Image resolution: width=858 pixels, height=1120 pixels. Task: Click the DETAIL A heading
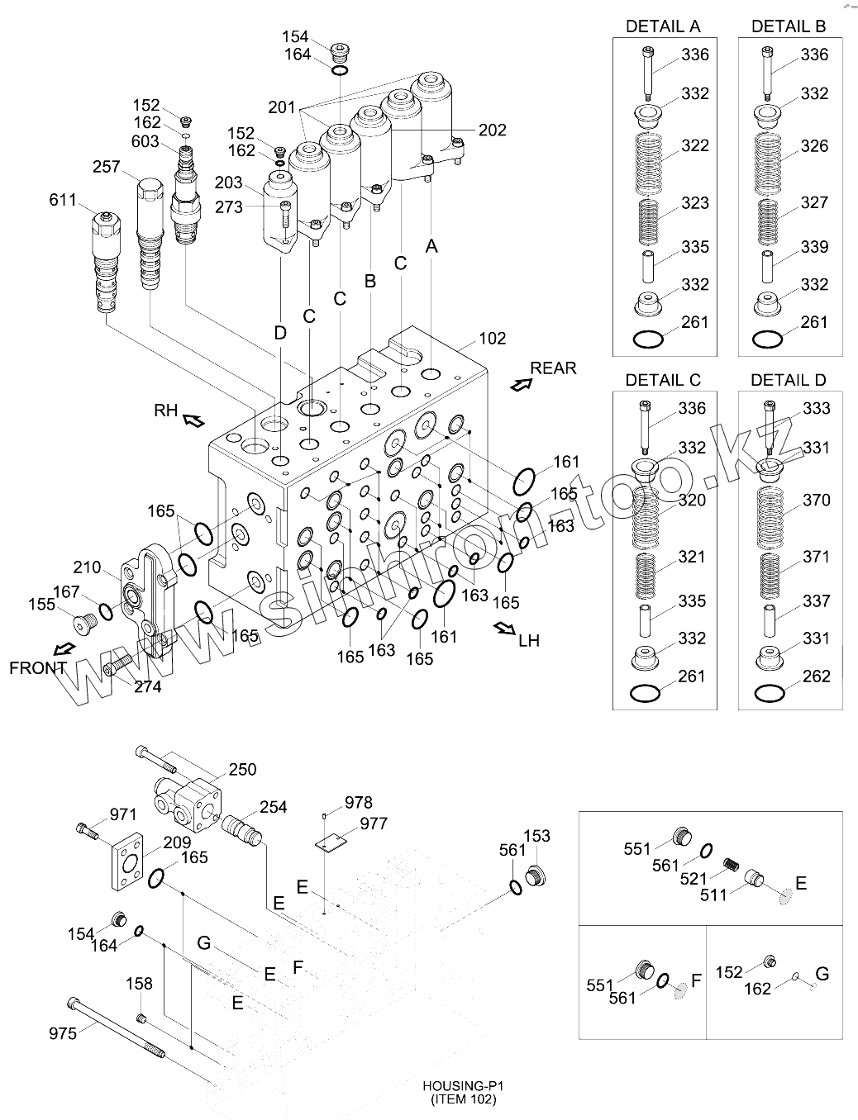point(663,26)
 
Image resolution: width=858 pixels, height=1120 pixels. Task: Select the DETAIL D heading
point(789,381)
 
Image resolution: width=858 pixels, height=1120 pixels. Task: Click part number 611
point(62,200)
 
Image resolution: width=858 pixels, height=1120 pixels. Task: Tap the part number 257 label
point(107,167)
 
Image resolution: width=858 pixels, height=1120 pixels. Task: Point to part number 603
point(145,141)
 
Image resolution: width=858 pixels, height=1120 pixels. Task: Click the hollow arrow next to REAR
point(521,385)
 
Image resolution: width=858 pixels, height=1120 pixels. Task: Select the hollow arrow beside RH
point(193,420)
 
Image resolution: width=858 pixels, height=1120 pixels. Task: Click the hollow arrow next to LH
point(504,629)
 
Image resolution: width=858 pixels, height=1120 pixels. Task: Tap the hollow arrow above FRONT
point(65,649)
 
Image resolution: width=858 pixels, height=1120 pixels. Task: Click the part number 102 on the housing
point(493,339)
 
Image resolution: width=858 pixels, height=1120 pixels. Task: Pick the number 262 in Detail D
point(816,676)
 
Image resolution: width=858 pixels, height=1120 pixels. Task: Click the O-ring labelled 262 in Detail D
point(770,693)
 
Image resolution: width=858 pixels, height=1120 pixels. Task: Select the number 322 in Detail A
point(695,146)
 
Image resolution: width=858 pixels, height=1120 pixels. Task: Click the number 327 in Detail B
point(814,202)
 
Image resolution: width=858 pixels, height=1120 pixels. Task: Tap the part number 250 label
point(242,770)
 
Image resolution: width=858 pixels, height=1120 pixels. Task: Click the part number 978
point(359,803)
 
